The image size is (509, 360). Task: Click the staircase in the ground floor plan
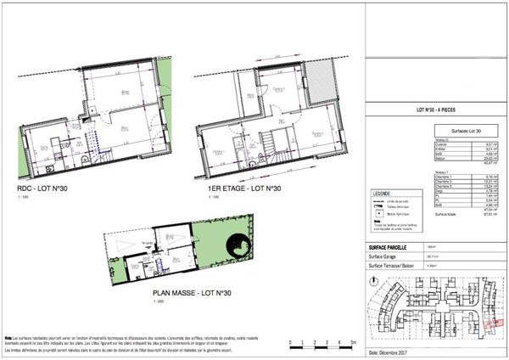pyautogui.click(x=99, y=155)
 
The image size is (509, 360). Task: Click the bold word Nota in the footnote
pyautogui.click(x=8, y=337)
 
